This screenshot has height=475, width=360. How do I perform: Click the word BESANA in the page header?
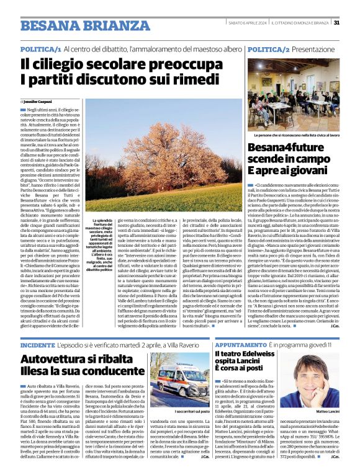pos(49,25)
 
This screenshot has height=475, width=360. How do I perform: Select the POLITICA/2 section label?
pos(269,48)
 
